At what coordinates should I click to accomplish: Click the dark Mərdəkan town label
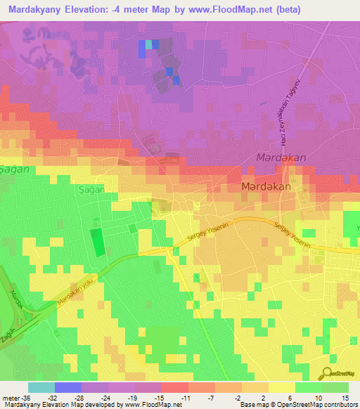(266, 188)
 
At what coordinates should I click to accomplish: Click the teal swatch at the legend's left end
(41, 387)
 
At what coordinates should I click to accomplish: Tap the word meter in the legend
(11, 397)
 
